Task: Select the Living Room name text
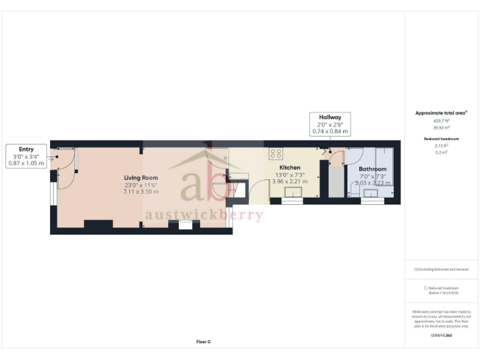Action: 141,178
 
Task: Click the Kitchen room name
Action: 289,168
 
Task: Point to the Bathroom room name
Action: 372,169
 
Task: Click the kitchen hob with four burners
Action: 275,154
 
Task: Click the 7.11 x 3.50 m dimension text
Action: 141,191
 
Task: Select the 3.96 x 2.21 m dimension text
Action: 289,182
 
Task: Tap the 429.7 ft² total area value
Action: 441,121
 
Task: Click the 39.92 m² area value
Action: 441,127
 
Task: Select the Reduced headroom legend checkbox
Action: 426,287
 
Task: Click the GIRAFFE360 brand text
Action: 441,336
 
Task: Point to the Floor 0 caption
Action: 203,342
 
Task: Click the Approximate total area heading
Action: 441,113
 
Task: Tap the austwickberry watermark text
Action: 204,215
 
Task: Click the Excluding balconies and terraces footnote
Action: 441,269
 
